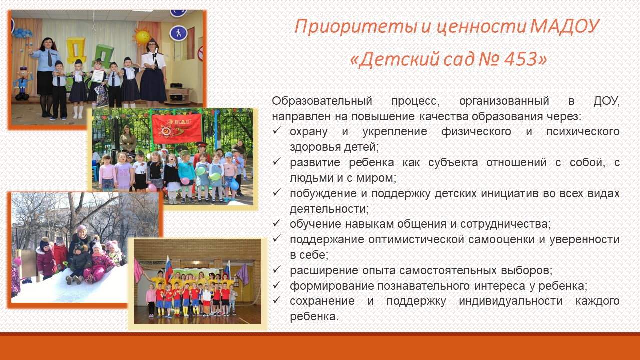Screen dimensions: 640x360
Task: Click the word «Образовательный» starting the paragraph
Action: click(322, 101)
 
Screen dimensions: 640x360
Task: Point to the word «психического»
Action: click(583, 132)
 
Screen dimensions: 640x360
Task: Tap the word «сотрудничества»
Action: click(505, 224)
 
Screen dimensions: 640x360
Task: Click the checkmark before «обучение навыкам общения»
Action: click(276, 223)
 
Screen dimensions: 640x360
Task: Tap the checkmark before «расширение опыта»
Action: click(276, 269)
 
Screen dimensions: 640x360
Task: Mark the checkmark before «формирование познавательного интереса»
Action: click(276, 285)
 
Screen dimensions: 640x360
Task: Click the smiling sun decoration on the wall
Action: click(142, 37)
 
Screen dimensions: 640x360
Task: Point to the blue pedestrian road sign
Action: click(178, 33)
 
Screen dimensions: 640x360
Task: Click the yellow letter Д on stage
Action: click(76, 51)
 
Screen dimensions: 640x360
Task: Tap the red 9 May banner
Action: click(177, 129)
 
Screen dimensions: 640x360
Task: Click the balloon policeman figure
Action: click(23, 83)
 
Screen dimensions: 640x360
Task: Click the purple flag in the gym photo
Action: click(243, 274)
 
